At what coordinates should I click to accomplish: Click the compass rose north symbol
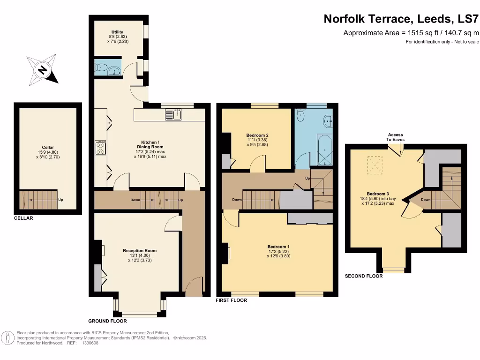(43, 70)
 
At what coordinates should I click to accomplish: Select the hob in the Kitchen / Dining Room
(101, 148)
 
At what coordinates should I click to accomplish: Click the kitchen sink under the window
(173, 114)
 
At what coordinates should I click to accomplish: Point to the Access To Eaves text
(396, 137)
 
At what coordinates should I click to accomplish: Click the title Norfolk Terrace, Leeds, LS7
(402, 19)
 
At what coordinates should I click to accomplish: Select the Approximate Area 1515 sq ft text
(411, 33)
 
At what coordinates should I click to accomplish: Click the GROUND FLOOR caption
(107, 321)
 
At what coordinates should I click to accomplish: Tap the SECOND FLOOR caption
(364, 276)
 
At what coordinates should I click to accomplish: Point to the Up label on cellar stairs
(60, 200)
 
